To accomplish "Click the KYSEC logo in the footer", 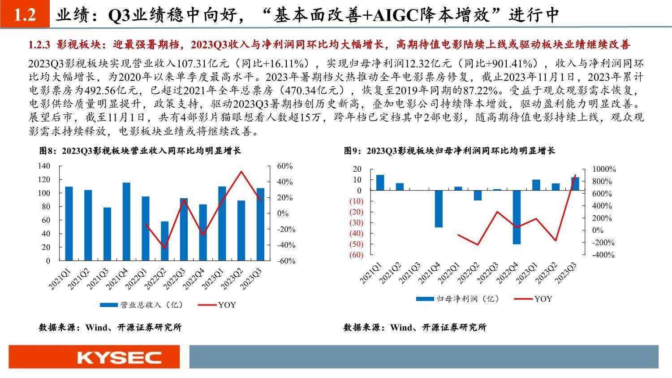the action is pos(119,357).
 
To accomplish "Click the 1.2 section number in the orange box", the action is pos(25,14).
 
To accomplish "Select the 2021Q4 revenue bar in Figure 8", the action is pos(127,222).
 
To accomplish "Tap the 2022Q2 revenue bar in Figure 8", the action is pos(165,241).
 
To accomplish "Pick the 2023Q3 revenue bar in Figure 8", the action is pos(260,224).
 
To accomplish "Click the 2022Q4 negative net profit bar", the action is pos(517,217).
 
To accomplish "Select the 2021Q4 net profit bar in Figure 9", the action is pos(439,209).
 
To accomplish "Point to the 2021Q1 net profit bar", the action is pos(380,182).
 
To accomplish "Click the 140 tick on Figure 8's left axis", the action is pos(44,166).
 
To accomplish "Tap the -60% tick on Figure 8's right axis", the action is pos(286,261).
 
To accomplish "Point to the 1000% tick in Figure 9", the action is pos(604,169).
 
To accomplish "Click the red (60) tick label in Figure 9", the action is pos(357,255).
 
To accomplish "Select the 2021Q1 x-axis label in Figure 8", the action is pos(60,279).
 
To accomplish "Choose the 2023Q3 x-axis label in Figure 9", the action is pos(565,273).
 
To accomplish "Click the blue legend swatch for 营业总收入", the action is pos(109,305).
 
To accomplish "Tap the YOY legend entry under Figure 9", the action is pos(533,299).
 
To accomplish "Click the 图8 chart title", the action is pos(140,151).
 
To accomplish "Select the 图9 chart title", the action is pos(449,151).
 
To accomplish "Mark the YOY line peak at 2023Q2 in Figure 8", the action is pos(241,171).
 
